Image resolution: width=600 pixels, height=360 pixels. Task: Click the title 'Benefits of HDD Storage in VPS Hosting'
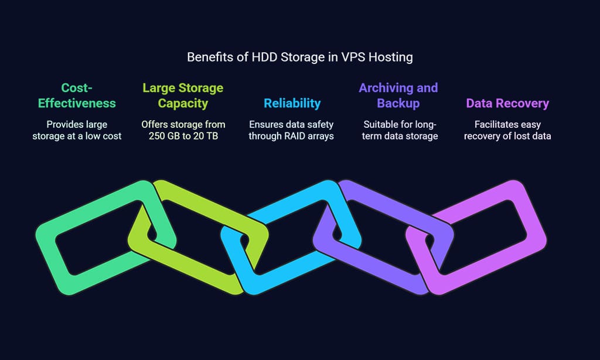coord(299,57)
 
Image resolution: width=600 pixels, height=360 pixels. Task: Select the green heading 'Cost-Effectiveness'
coord(77,96)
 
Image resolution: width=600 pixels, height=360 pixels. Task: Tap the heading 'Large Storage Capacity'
coord(183,96)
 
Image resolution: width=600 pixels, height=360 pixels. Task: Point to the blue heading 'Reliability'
coord(292,103)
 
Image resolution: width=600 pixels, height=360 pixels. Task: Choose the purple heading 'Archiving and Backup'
coord(398,96)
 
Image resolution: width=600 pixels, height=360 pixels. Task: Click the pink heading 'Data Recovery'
coord(507,103)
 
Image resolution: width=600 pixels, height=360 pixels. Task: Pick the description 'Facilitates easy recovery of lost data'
coord(507,130)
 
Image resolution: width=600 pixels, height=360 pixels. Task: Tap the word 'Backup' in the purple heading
coord(398,104)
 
